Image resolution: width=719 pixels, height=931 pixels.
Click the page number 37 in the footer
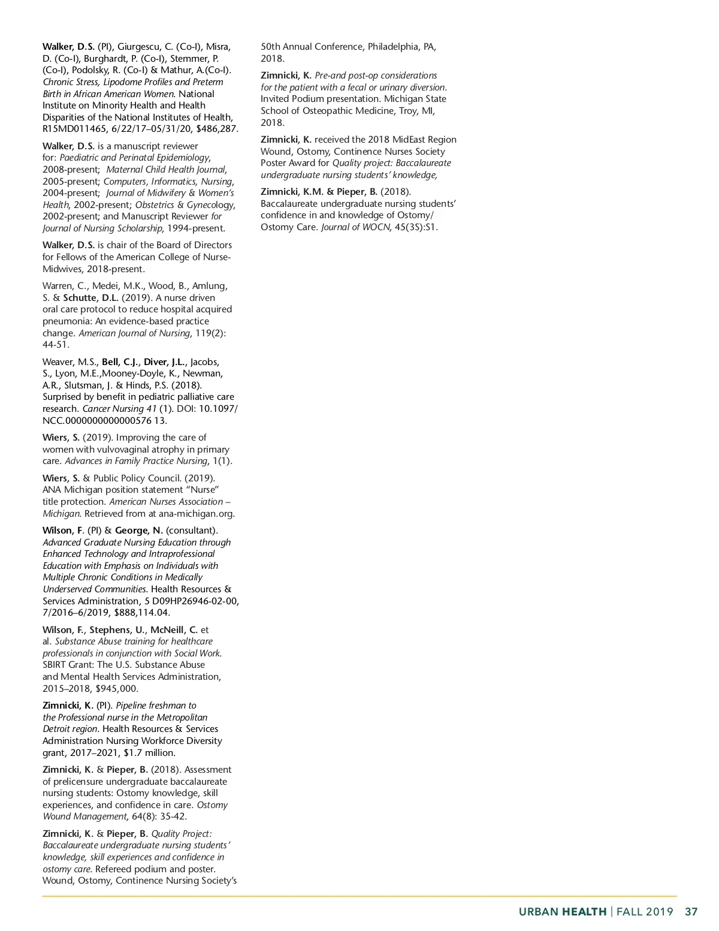[691, 912]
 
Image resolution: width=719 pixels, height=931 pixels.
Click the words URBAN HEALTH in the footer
[562, 912]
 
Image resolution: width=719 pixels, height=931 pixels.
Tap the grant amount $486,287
[217, 129]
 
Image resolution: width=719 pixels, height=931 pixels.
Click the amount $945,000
[117, 688]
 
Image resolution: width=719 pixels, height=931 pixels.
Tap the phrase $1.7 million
[150, 752]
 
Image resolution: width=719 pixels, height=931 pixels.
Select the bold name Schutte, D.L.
[91, 297]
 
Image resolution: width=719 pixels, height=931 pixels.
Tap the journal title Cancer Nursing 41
[120, 409]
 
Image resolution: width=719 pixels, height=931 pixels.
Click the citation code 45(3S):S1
[416, 227]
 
